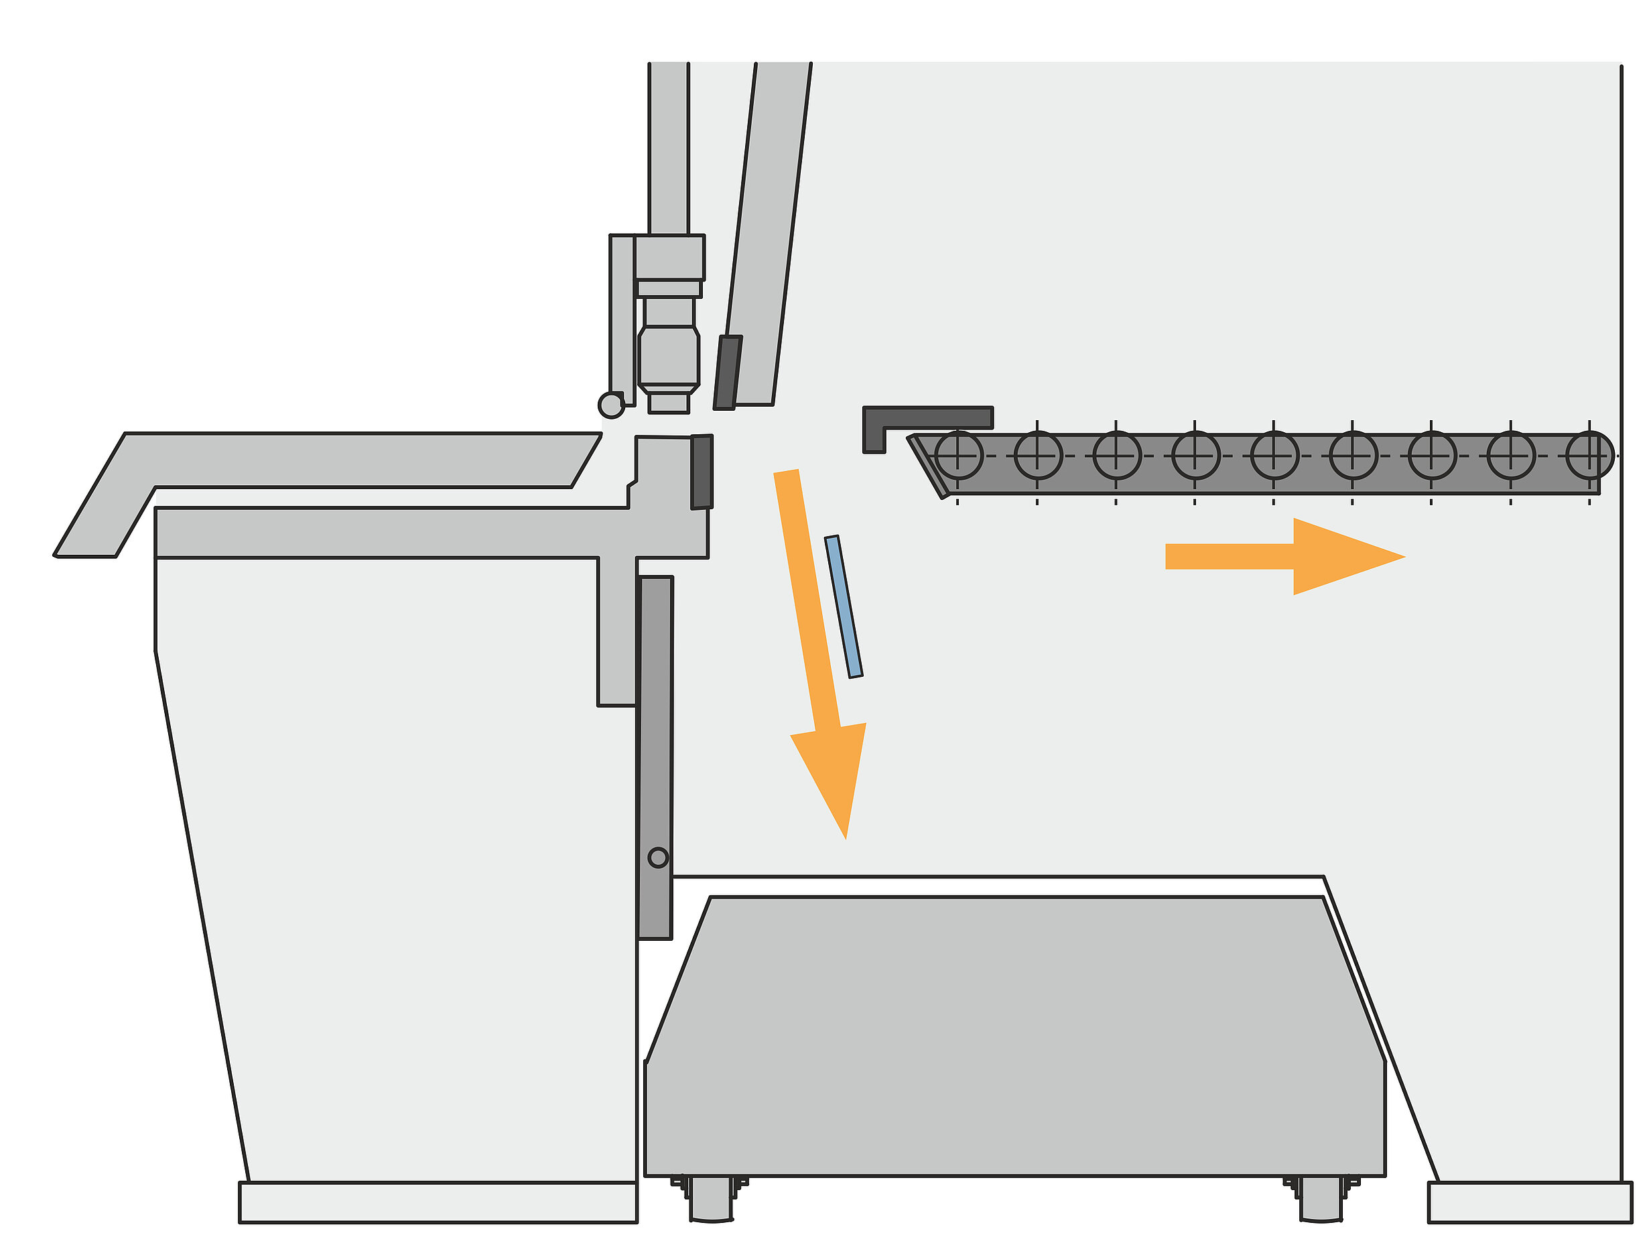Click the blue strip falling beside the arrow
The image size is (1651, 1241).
click(x=844, y=606)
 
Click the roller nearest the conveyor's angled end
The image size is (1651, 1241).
click(x=958, y=455)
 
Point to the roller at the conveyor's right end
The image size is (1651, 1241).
click(x=1589, y=455)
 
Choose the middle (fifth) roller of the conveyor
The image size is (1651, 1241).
click(x=1274, y=455)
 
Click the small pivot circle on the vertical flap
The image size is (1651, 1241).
click(x=657, y=858)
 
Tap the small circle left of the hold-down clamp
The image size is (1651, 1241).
click(x=611, y=405)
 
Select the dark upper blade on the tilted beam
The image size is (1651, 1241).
click(x=727, y=373)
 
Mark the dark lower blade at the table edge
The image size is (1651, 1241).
click(x=702, y=472)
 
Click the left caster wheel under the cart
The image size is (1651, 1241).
click(x=712, y=1199)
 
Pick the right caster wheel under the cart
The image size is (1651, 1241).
click(x=1321, y=1199)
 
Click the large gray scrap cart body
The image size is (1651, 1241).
click(x=1015, y=1045)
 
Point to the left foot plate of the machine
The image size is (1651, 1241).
click(x=438, y=1202)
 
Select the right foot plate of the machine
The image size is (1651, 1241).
click(x=1530, y=1202)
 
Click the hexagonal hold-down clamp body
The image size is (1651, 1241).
click(x=669, y=358)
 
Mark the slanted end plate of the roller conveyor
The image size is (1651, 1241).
click(x=928, y=466)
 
